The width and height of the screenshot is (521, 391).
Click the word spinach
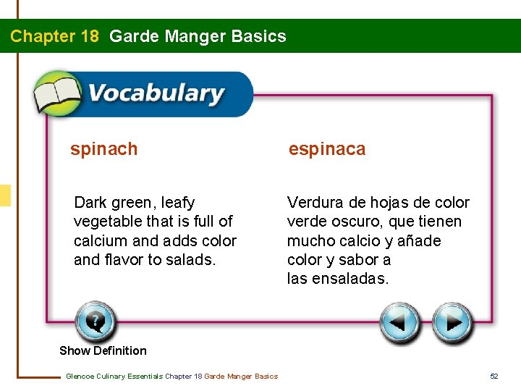click(x=103, y=149)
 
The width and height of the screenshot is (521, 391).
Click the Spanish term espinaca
click(x=327, y=149)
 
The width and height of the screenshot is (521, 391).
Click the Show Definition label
click(x=103, y=350)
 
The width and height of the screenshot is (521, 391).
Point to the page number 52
click(x=494, y=376)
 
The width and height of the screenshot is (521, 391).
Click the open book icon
click(x=58, y=94)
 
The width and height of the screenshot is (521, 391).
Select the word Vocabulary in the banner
click(x=156, y=94)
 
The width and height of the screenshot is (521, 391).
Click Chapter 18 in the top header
click(x=54, y=36)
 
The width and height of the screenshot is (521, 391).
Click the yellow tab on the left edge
click(x=5, y=195)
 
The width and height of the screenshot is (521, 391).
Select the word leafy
click(x=177, y=203)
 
